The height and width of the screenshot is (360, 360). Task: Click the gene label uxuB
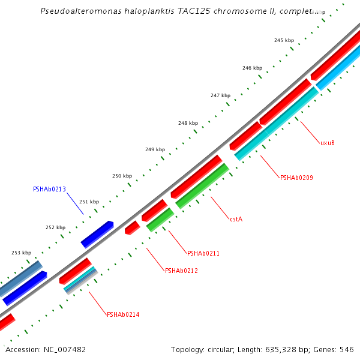coord(327,143)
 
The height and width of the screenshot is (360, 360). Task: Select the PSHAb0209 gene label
coord(296,178)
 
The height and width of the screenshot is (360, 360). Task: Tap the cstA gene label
coord(236,219)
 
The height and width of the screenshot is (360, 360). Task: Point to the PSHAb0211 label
coord(203,253)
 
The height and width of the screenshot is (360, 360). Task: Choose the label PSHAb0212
coord(181,271)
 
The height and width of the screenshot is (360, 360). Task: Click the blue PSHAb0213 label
coord(49,189)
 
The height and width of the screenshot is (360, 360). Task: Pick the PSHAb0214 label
coord(123,314)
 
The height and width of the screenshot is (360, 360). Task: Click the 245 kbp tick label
coord(284,40)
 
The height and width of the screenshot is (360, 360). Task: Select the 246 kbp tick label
coord(252,68)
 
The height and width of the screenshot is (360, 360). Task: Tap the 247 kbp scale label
coord(220,95)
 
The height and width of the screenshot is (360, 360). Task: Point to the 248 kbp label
coord(188,123)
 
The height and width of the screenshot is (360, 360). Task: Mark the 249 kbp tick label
coord(155,149)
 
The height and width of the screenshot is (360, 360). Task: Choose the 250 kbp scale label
coord(122,176)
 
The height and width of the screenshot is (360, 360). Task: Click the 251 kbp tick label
coord(89,202)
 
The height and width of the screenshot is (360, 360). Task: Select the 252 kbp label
coord(55,227)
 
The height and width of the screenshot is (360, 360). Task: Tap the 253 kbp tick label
coord(21,253)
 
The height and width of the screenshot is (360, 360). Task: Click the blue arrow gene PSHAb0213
coord(97,235)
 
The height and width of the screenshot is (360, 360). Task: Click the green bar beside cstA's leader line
coord(202,186)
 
